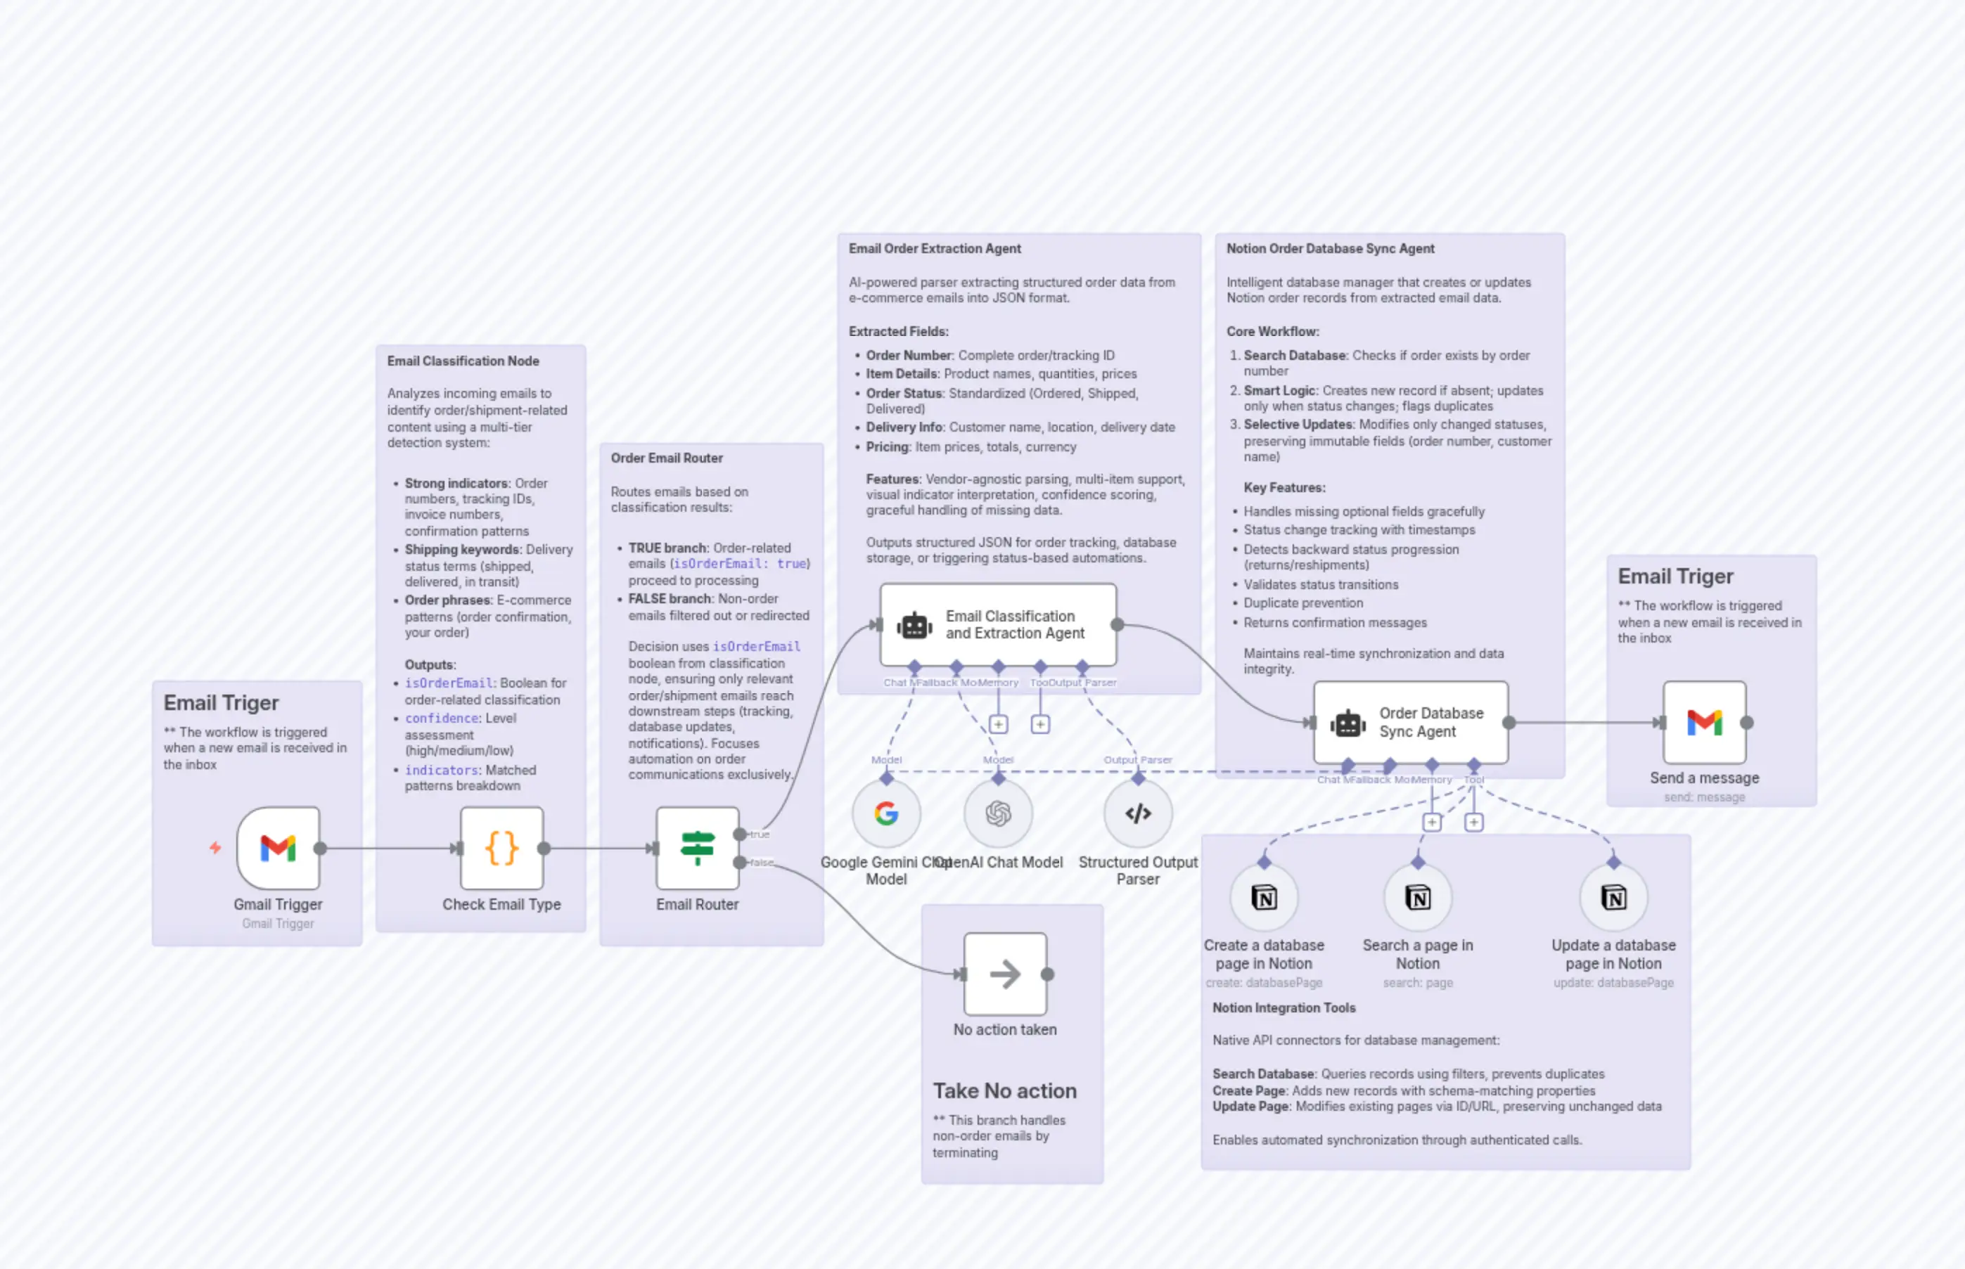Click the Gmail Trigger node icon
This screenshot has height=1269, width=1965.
coord(278,848)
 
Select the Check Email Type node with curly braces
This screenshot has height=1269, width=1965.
coord(501,848)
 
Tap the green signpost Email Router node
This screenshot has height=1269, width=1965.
coord(697,848)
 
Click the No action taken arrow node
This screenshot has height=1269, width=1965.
coord(1005,974)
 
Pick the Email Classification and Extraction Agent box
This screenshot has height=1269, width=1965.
coord(998,624)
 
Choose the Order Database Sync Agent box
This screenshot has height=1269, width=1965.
coord(1410,722)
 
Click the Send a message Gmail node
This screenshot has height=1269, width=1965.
coord(1703,723)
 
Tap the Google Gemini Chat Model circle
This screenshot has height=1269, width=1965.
coord(886,813)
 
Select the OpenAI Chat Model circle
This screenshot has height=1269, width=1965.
coord(998,813)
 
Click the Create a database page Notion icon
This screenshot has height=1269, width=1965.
coord(1264,897)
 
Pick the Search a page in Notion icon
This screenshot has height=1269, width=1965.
coord(1418,897)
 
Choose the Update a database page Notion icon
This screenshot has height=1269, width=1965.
coord(1613,897)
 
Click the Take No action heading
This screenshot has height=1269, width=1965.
coord(1004,1090)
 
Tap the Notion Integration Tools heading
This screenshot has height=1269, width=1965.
coord(1284,1007)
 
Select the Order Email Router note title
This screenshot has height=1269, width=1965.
coord(666,458)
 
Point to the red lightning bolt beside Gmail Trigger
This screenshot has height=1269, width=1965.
coord(215,847)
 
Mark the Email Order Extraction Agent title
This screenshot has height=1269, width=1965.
coord(934,249)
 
